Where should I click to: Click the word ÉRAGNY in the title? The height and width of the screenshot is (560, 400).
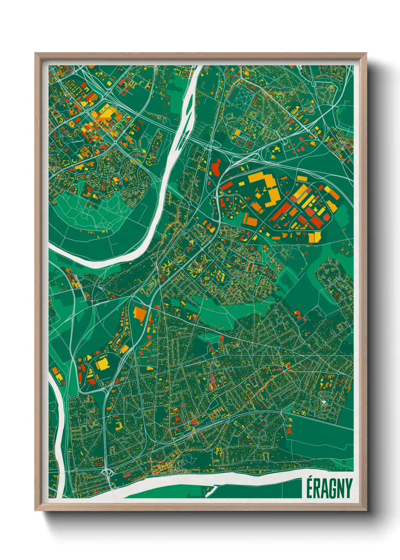point(329,488)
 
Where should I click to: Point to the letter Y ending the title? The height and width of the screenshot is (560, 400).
point(349,488)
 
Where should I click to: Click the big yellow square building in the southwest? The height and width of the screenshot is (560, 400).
point(102,364)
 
